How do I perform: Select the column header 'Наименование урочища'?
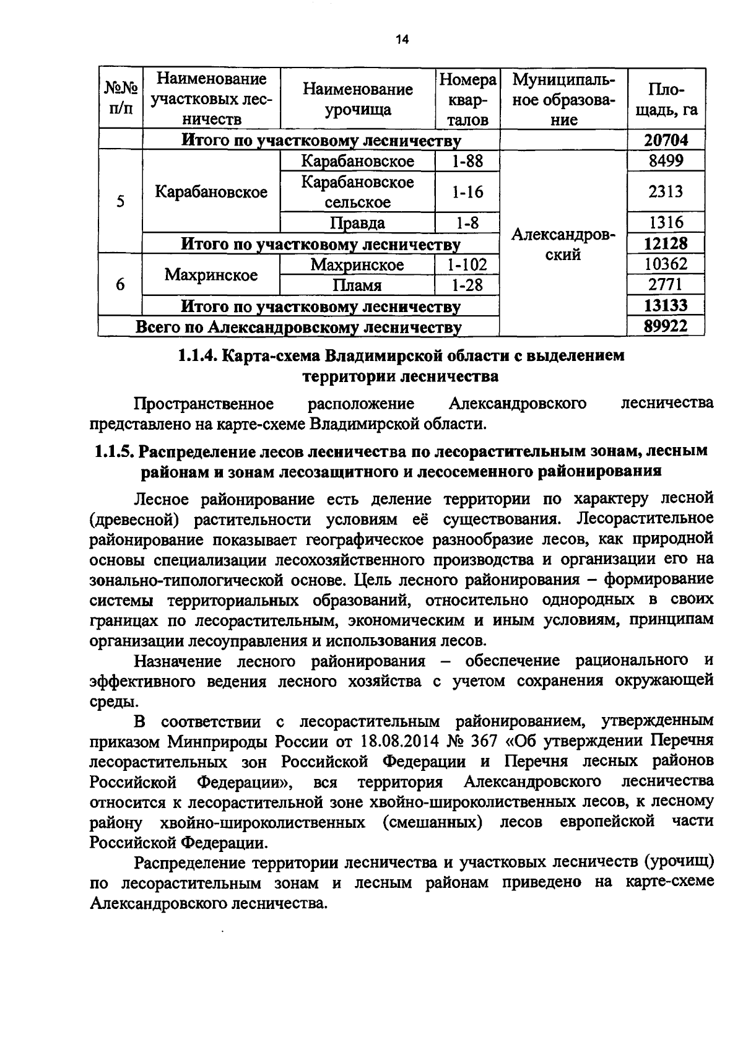click(x=358, y=99)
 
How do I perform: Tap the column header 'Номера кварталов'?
click(x=467, y=99)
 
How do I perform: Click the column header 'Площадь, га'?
click(x=666, y=99)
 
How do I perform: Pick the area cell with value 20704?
click(x=666, y=140)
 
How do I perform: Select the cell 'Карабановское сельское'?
click(x=358, y=192)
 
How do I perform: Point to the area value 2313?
click(x=666, y=192)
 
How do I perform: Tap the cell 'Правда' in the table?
click(x=358, y=223)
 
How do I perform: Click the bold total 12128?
click(x=666, y=243)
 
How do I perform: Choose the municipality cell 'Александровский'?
click(x=563, y=245)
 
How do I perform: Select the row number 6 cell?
click(x=120, y=284)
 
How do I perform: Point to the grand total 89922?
click(x=666, y=326)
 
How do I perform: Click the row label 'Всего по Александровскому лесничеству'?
click(x=298, y=327)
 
